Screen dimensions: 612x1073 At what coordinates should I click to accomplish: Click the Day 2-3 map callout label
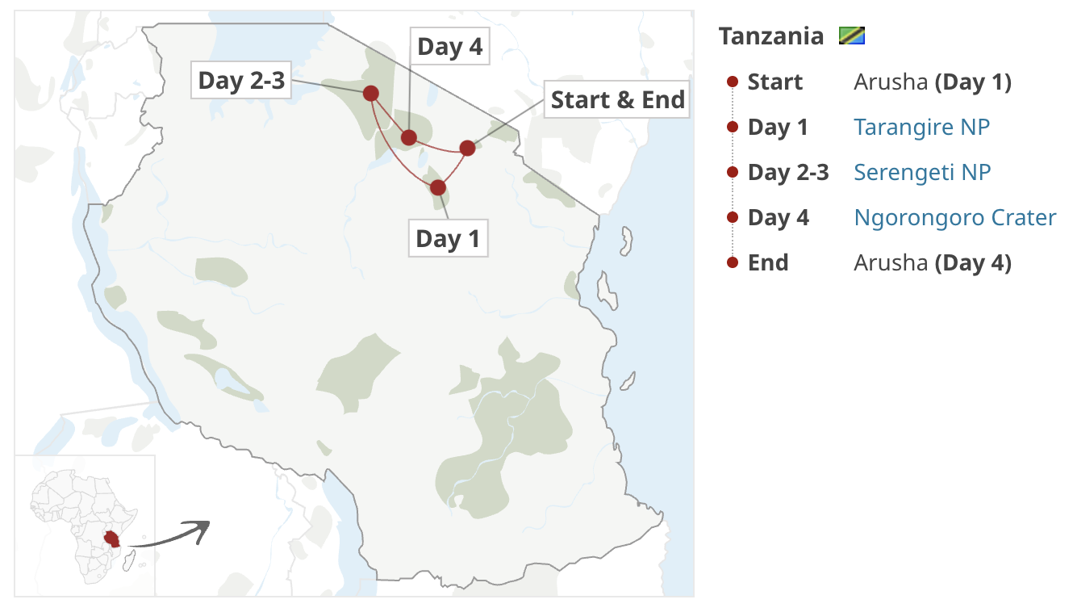tap(242, 81)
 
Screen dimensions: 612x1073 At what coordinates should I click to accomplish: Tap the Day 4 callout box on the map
tap(450, 48)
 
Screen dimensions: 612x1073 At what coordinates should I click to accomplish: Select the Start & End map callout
tap(617, 100)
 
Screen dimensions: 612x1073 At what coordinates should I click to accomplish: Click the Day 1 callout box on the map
tap(448, 239)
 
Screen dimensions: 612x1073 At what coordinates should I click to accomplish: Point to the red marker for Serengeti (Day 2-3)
tap(371, 94)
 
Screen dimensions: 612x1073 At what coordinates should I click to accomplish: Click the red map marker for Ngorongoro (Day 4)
tap(409, 138)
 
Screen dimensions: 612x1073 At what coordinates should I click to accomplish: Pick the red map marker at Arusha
tap(467, 148)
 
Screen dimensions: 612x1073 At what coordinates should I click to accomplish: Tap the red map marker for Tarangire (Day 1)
tap(438, 188)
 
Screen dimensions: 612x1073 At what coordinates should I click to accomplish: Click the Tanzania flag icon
tap(852, 36)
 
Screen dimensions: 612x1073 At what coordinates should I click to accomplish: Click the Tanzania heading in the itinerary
tap(771, 36)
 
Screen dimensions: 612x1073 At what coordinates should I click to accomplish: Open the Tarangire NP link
tap(921, 128)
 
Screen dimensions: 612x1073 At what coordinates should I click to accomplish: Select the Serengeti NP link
tap(922, 173)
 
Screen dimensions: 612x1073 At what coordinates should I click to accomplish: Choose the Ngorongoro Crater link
tap(955, 218)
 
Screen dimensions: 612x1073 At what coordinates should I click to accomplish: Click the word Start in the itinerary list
tap(775, 82)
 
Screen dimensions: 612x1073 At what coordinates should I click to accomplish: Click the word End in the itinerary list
tap(768, 263)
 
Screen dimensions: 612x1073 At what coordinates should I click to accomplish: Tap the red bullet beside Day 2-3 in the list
tap(733, 173)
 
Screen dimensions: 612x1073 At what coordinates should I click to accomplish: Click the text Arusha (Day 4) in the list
tap(932, 263)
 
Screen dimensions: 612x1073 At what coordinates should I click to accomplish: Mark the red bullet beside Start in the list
tap(733, 82)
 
